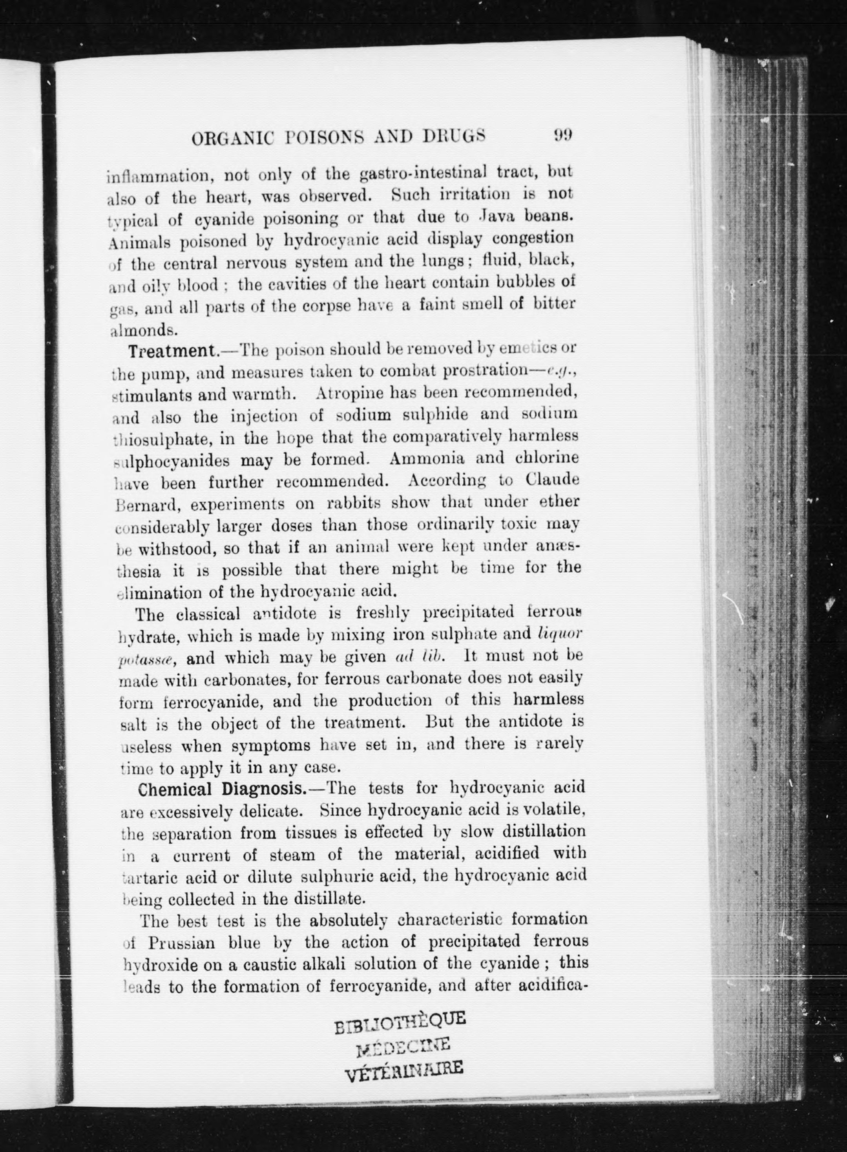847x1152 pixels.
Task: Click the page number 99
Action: (562, 135)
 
